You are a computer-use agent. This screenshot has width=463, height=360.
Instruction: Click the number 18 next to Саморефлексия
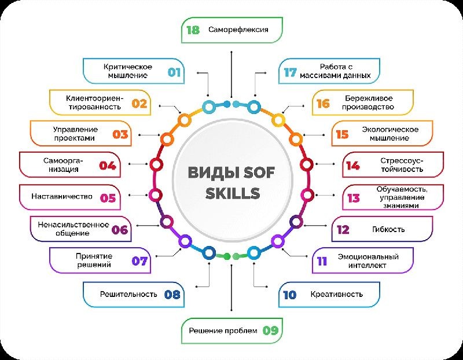coord(193,30)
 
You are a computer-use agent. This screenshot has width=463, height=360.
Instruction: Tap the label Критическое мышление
coord(128,71)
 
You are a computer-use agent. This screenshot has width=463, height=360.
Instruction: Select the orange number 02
coord(139,104)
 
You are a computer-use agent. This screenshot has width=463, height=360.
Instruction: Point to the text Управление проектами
coord(75,134)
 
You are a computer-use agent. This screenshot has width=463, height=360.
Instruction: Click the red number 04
coord(108,166)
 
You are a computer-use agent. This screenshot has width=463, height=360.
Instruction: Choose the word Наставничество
coord(62,196)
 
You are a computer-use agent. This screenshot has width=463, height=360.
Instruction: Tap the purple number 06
coord(120,230)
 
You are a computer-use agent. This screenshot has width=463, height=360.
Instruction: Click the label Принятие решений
coord(94,260)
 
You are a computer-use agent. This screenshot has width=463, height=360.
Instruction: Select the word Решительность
coord(128,294)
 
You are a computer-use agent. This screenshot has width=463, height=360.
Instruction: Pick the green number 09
coord(270,330)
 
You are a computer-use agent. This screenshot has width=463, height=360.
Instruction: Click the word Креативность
coord(337,294)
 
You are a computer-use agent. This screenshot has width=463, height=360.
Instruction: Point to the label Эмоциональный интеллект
coord(368,261)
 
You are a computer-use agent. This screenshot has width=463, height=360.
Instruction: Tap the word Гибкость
coord(388,229)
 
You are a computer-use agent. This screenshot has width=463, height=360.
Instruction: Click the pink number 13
coord(354,198)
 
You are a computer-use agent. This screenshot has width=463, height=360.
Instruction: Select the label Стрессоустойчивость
coord(402,165)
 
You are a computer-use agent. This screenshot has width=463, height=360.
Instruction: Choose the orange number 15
coord(342,135)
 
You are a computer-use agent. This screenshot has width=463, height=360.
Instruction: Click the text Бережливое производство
coord(368,102)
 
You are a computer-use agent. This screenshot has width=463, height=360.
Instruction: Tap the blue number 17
coord(291,73)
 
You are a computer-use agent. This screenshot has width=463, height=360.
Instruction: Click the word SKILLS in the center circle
coord(233,193)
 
